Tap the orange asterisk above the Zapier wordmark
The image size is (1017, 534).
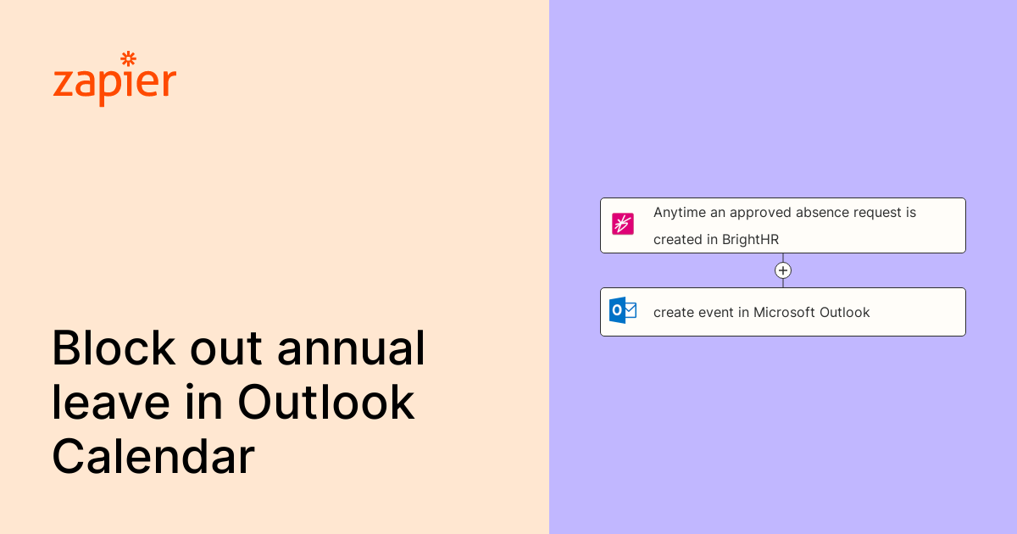tap(128, 58)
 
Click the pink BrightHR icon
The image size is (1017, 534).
tap(623, 224)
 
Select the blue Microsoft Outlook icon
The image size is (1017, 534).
tap(623, 311)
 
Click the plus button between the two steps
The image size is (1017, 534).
tap(783, 270)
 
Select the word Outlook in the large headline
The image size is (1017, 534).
tap(326, 403)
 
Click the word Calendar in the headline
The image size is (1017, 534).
tap(153, 457)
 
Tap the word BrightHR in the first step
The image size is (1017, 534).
tap(750, 240)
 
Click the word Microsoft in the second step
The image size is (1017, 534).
tap(785, 313)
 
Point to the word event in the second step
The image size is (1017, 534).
tap(715, 313)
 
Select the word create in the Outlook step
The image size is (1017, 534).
tap(673, 313)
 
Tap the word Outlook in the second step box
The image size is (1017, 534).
tap(845, 313)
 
